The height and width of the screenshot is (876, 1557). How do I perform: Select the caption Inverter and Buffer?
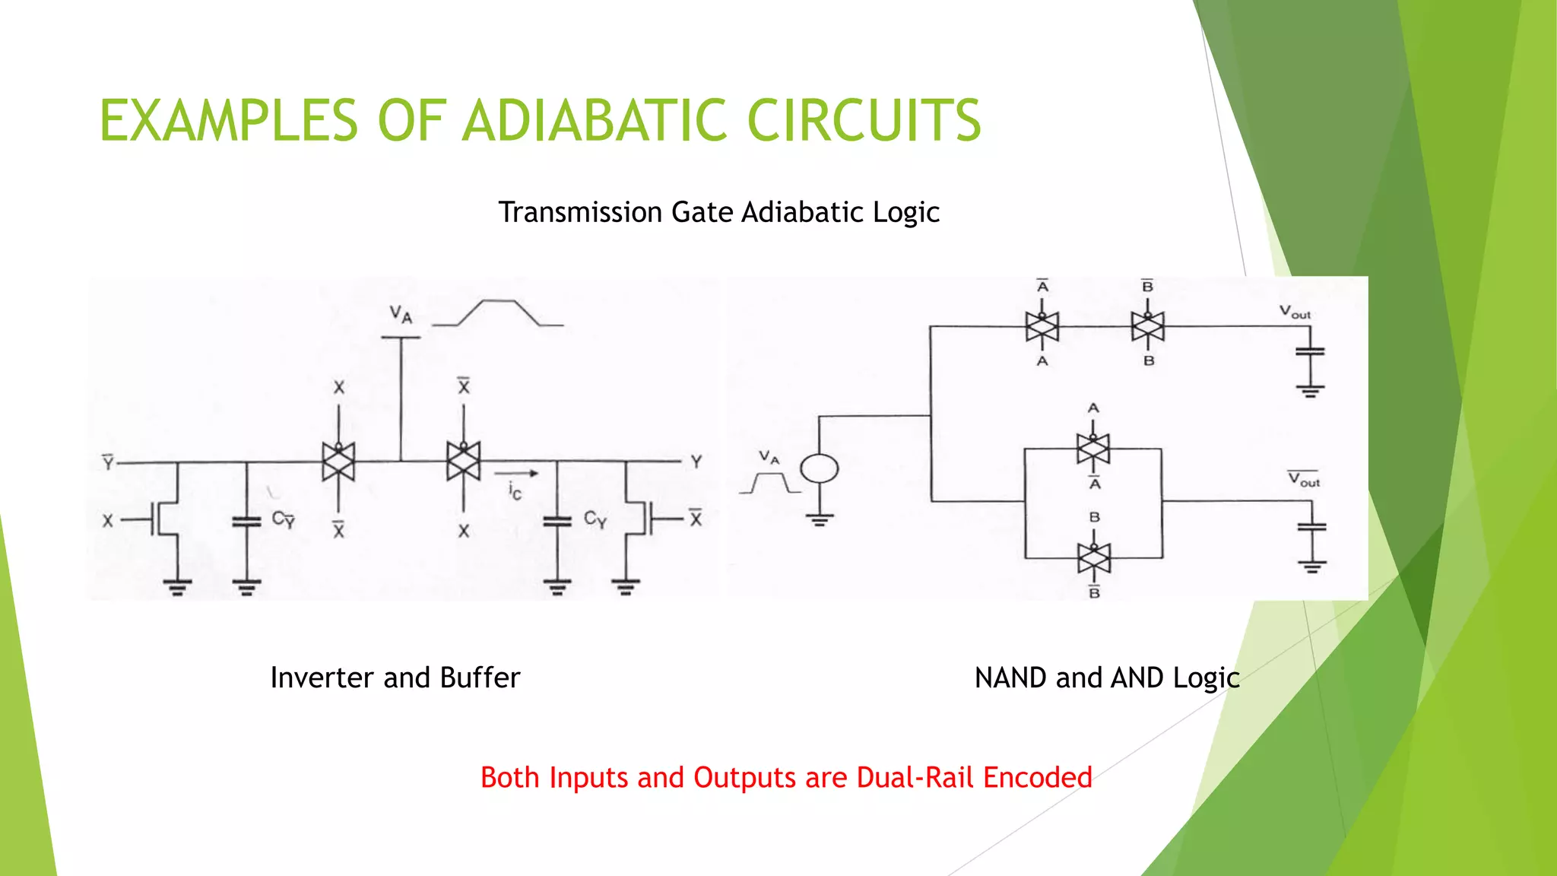click(395, 678)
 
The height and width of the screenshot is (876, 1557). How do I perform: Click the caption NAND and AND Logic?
click(1107, 678)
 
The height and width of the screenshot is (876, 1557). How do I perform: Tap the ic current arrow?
click(522, 474)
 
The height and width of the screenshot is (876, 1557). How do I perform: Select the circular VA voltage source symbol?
click(819, 468)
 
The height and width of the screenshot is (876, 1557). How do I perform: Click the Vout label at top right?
click(1295, 312)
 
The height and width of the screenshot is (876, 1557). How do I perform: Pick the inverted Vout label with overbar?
click(1303, 479)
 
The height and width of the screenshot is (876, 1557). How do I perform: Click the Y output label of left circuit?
click(696, 462)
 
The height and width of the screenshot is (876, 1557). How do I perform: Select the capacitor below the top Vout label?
click(1310, 351)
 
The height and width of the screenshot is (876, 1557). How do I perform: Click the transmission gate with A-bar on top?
click(1042, 326)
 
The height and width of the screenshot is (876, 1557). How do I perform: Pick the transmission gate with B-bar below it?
click(1094, 558)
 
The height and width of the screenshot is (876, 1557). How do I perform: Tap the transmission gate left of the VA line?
click(338, 462)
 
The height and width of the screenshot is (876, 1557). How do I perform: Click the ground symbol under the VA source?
click(819, 520)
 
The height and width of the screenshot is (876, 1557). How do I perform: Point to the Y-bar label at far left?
click(108, 462)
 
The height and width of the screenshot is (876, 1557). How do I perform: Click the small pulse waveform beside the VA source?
click(770, 483)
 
